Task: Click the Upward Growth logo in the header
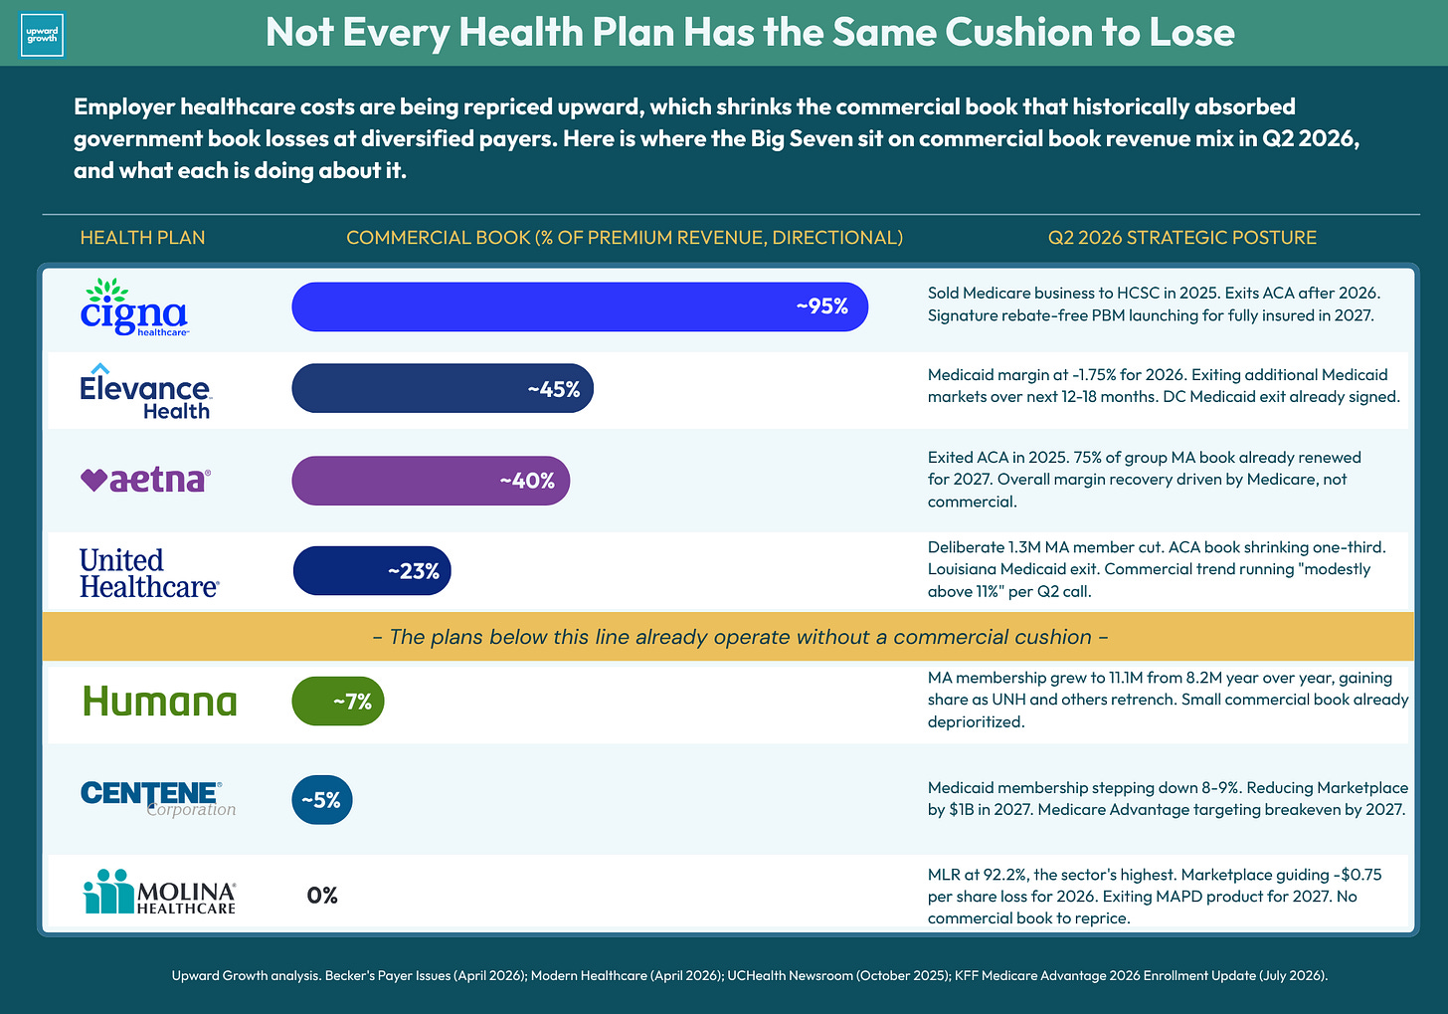[x=42, y=35]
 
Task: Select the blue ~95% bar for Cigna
[x=580, y=306]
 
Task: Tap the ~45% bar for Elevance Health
[x=443, y=388]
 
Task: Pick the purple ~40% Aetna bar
[x=431, y=481]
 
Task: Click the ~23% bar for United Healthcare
[x=372, y=570]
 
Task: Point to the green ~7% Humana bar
[x=337, y=701]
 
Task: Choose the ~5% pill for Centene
[x=322, y=800]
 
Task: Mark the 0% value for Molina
[x=322, y=895]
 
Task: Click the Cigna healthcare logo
[x=134, y=307]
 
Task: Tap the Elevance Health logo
[x=146, y=391]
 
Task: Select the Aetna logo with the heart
[x=145, y=480]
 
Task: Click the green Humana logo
[x=160, y=702]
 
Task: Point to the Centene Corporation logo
[x=158, y=799]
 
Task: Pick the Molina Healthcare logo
[x=160, y=892]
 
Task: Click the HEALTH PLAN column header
[x=142, y=238]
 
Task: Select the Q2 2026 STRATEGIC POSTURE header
[x=1181, y=238]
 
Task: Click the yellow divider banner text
[x=740, y=637]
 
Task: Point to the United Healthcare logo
[x=149, y=572]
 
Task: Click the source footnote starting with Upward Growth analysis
[x=749, y=975]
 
